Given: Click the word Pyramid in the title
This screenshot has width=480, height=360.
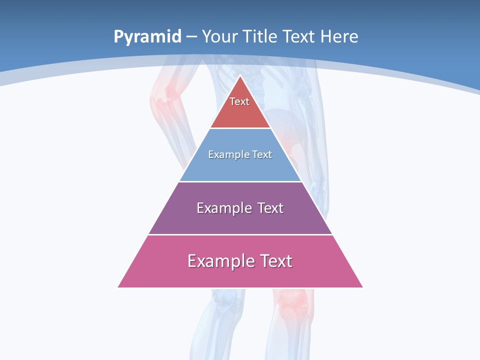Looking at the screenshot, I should (147, 37).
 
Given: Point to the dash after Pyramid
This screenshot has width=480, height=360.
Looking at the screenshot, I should (191, 37).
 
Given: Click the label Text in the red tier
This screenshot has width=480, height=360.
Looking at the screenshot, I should (239, 101).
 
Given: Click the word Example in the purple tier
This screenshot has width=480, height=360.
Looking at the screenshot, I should (218, 208).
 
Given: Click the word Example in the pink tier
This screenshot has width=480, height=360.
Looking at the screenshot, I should (215, 261).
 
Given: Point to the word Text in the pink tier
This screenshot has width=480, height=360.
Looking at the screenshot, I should (276, 261).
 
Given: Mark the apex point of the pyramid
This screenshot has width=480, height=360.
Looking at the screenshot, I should (240, 76).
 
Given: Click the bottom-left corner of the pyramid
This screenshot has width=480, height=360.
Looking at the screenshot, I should (118, 287).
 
